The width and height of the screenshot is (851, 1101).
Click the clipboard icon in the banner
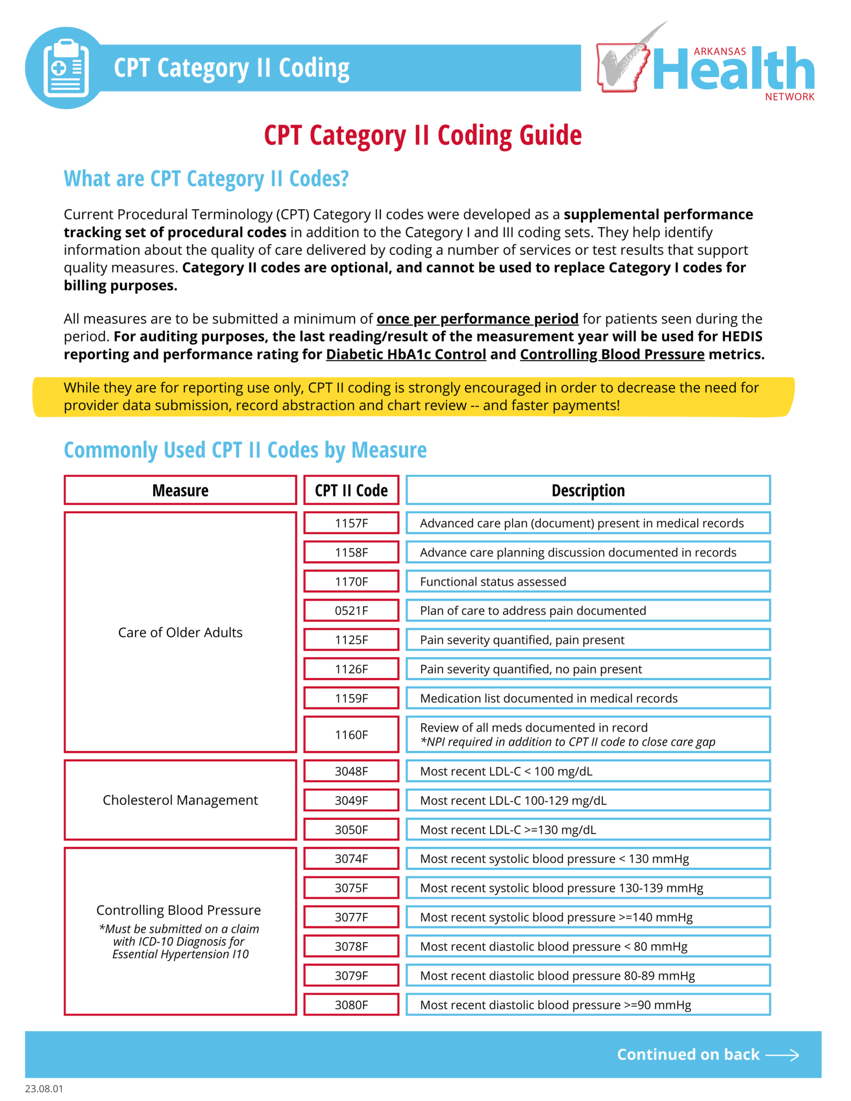click(66, 68)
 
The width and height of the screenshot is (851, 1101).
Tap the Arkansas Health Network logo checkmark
click(627, 62)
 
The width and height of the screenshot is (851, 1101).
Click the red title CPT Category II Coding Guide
click(423, 135)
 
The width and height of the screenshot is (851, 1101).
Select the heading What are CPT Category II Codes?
click(206, 179)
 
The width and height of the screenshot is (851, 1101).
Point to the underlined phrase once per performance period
click(477, 319)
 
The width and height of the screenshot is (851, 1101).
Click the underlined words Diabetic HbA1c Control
click(406, 355)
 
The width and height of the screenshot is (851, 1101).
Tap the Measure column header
click(180, 490)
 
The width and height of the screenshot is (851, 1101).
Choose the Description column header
click(588, 490)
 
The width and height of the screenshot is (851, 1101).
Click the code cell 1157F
click(351, 523)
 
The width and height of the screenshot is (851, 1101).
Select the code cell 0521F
click(351, 611)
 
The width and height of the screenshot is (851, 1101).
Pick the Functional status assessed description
click(493, 582)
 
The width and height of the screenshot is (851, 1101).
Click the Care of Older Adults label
click(180, 632)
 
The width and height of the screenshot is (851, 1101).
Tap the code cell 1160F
click(351, 735)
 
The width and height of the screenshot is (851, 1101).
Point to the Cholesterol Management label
click(180, 800)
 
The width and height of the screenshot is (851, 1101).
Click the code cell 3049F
click(351, 800)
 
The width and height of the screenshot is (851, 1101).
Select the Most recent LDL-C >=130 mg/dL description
click(508, 830)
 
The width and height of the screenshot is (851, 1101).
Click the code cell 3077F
click(351, 917)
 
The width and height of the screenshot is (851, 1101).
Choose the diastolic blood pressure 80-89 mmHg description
click(557, 976)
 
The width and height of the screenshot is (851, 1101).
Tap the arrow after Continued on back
click(783, 1055)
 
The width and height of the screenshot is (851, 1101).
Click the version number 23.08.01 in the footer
click(44, 1089)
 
